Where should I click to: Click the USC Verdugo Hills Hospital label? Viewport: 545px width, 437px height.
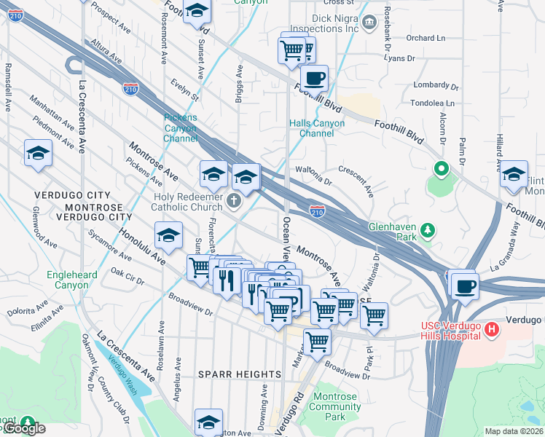pos(450,331)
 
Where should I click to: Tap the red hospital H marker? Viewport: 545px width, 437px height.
pos(493,330)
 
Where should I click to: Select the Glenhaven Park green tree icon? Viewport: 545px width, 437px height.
pos(428,232)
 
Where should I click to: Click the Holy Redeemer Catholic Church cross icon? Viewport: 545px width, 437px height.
pos(234,201)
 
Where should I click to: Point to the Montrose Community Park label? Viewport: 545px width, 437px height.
pos(334,406)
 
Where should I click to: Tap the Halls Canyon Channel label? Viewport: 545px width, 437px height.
pos(317,128)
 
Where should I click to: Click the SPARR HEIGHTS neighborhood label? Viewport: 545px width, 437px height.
pos(240,374)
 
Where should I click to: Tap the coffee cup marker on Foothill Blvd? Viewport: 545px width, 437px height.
pos(314,78)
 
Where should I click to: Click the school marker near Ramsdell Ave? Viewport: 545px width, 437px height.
pos(38,153)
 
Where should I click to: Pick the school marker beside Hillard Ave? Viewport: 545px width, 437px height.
pos(514,173)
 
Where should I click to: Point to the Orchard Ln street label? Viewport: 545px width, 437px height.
pos(426,38)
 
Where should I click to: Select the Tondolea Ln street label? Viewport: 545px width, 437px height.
pos(434,103)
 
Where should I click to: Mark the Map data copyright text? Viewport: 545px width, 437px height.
pos(514,430)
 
